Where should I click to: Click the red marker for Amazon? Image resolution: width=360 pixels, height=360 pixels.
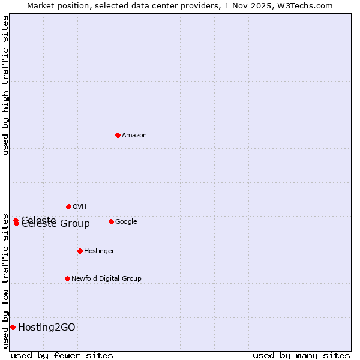tap(118, 135)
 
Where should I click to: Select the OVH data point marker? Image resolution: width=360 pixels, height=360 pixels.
tap(68, 206)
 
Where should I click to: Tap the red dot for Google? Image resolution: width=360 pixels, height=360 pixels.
tap(111, 221)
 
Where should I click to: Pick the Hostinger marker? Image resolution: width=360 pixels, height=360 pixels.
tap(80, 251)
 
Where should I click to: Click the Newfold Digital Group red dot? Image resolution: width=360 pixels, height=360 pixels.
tap(67, 278)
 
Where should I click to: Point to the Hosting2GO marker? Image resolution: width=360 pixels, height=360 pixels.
tap(13, 327)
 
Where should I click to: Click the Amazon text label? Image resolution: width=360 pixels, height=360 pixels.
tap(134, 136)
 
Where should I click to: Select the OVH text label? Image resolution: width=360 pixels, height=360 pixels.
tap(80, 207)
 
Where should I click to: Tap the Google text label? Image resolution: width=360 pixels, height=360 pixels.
tap(126, 222)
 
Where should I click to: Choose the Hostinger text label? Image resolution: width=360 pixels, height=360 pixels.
tap(99, 251)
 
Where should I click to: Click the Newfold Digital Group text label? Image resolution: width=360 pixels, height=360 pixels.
tap(106, 279)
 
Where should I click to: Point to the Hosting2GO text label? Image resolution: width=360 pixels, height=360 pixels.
tap(47, 328)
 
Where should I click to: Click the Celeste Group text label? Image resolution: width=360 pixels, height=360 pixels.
tap(56, 224)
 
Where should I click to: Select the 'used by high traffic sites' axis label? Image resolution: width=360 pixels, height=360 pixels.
tap(5, 85)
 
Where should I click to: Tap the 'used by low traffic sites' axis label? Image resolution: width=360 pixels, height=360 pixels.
tap(5, 272)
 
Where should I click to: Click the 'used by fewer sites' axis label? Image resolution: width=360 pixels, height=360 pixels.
tap(62, 355)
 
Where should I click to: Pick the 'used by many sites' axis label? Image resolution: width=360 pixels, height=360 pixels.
tap(301, 355)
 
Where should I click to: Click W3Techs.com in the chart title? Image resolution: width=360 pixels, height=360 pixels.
tap(310, 5)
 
